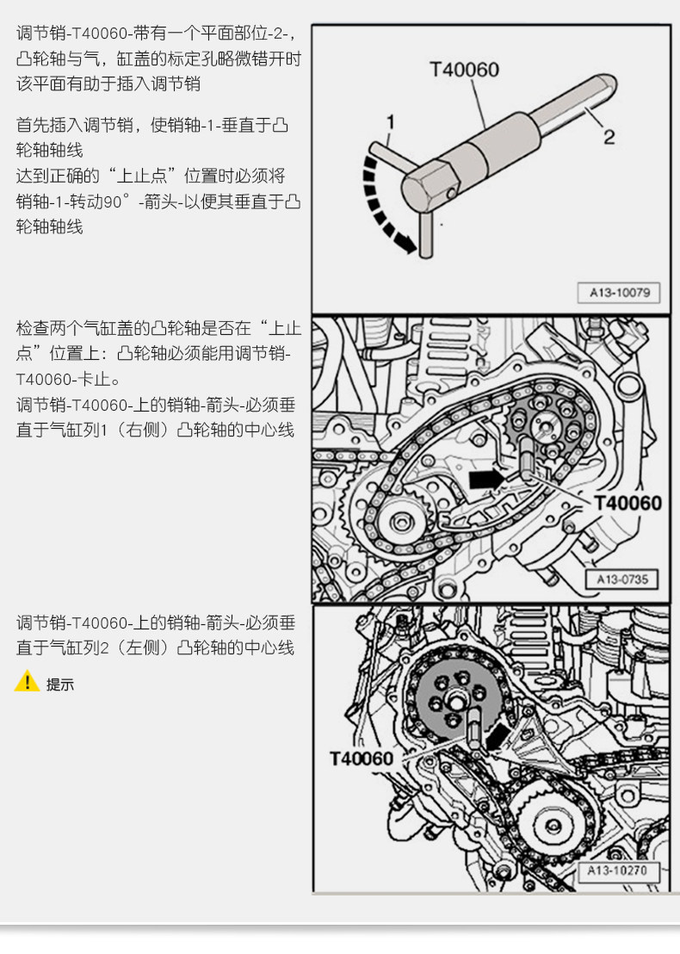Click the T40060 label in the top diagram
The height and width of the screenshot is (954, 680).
[x=464, y=70]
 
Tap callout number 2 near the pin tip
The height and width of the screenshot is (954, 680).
[x=609, y=136]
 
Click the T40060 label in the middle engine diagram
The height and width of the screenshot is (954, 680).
[x=627, y=503]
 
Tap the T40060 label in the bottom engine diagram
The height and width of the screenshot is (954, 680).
[x=362, y=759]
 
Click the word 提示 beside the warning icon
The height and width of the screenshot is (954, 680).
[x=60, y=685]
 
